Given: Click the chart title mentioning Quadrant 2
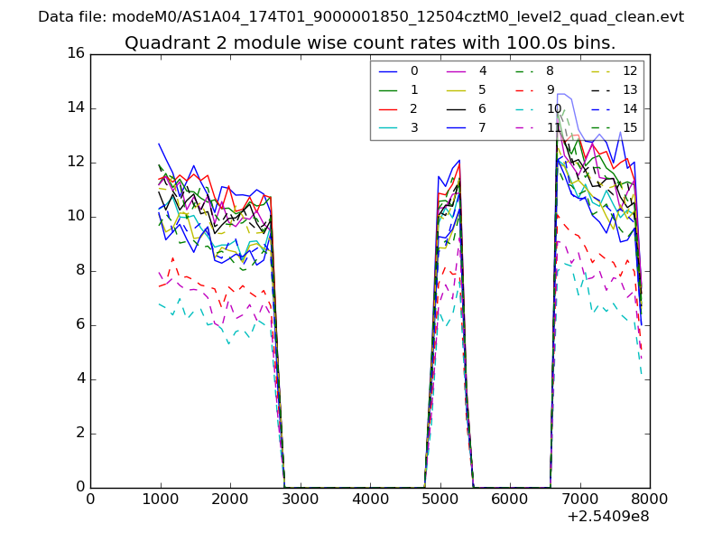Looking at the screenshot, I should pos(370,42).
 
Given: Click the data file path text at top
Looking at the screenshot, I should pos(361,17).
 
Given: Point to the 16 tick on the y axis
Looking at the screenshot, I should pos(75,54).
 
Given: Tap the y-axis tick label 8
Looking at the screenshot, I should pos(79,271).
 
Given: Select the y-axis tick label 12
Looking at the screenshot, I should pos(75,163).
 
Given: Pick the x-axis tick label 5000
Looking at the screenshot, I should pos(440,498).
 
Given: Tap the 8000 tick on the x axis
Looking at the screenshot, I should pos(650,498).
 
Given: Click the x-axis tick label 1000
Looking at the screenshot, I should pos(160,498).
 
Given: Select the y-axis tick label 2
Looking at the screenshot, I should pos(79,434).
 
